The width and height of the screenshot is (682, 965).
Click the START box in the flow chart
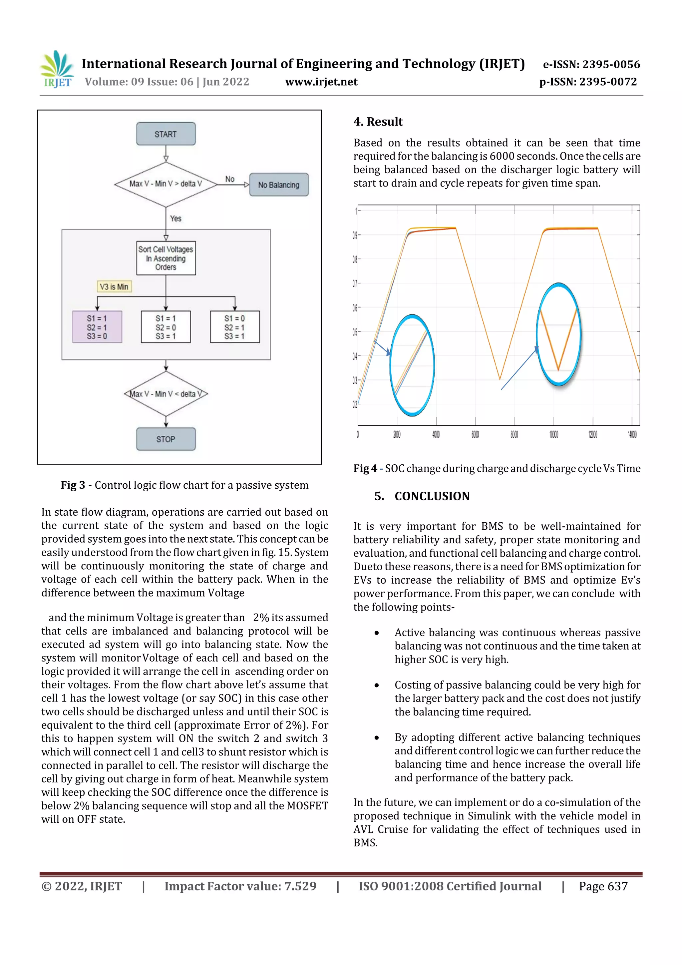(x=166, y=134)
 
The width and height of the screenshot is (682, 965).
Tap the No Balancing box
(x=279, y=185)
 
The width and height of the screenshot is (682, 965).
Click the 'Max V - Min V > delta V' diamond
(x=166, y=184)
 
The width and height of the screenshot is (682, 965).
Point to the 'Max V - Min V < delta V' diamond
(x=166, y=394)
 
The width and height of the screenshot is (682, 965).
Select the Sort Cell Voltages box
(x=166, y=258)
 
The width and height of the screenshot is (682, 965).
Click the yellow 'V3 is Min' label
(x=114, y=287)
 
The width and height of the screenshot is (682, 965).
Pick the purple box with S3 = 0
(x=97, y=327)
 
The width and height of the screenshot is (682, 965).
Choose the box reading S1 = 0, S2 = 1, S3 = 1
(x=234, y=327)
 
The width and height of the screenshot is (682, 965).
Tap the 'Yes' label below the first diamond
(x=175, y=219)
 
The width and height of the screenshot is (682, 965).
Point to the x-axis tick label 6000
(x=475, y=435)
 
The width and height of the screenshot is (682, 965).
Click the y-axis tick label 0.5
(x=355, y=332)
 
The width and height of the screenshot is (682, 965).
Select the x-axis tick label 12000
(x=592, y=435)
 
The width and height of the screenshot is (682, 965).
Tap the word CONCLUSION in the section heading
(x=432, y=496)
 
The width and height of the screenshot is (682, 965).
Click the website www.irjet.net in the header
(x=321, y=82)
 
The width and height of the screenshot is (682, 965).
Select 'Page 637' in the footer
(x=603, y=886)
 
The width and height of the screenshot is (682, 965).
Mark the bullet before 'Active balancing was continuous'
(x=377, y=633)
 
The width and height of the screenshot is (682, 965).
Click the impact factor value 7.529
(x=300, y=886)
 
